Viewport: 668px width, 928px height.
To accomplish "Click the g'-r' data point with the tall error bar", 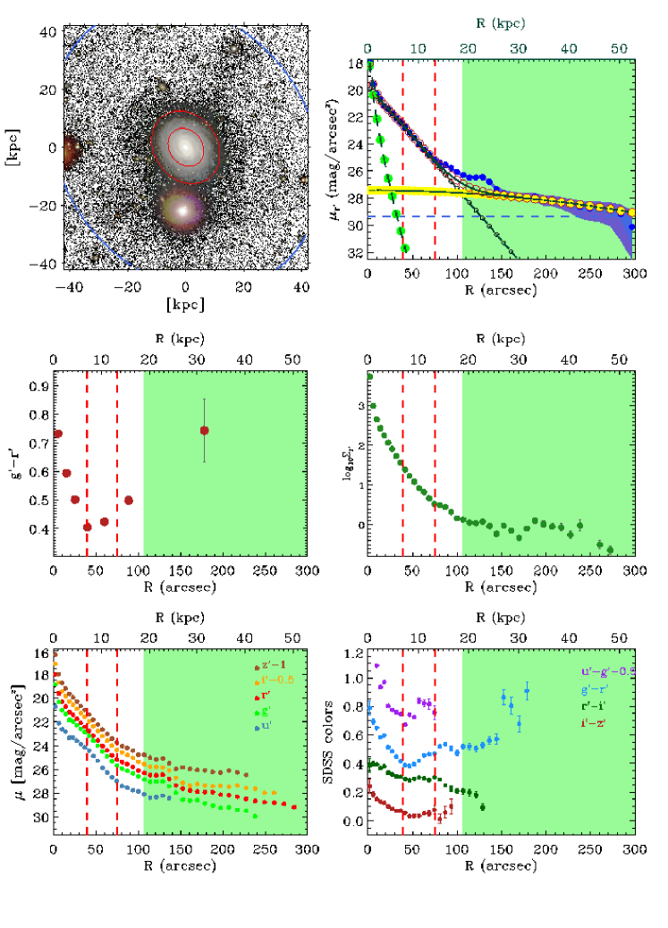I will point(205,430).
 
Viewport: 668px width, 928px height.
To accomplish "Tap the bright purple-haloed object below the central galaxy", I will point(184,209).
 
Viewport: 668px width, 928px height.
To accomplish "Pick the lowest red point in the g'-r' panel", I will point(88,527).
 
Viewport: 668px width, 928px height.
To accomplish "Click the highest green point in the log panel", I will point(368,376).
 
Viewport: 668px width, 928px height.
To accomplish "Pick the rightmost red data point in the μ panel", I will point(294,807).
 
